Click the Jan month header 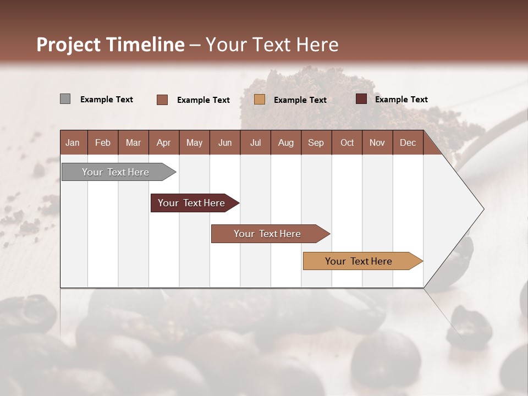[x=73, y=142]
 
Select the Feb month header [x=103, y=142]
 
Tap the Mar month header [x=133, y=142]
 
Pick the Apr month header [x=164, y=142]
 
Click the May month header [x=194, y=142]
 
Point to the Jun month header [x=225, y=142]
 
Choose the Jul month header [x=255, y=142]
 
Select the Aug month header [x=286, y=142]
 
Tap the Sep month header [x=316, y=142]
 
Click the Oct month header [x=347, y=142]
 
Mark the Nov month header [x=377, y=142]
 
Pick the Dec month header [x=408, y=142]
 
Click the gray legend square [x=65, y=99]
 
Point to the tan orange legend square [x=260, y=100]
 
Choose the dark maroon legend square [x=361, y=99]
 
